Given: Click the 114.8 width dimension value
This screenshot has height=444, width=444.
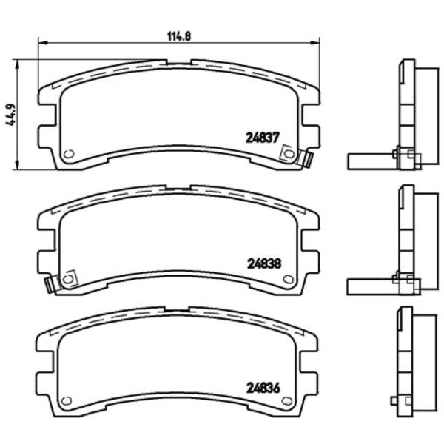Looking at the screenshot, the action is click(x=179, y=36).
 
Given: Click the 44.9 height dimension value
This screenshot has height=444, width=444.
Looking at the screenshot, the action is click(x=12, y=115).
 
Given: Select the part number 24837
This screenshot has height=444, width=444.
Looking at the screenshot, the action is click(x=263, y=138).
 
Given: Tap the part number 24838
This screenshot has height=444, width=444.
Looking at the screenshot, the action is click(x=264, y=263).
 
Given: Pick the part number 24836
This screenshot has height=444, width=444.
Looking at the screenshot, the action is click(x=263, y=388).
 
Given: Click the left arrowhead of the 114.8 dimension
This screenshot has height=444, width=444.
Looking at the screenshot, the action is click(x=42, y=43).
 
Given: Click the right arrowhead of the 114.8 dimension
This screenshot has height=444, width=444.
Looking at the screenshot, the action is click(x=315, y=43).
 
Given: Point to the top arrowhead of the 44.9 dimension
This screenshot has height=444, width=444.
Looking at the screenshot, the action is click(x=18, y=64).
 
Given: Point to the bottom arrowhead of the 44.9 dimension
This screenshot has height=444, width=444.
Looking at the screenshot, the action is click(x=18, y=165).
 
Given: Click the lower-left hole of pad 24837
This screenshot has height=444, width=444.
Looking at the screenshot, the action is click(x=69, y=154).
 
